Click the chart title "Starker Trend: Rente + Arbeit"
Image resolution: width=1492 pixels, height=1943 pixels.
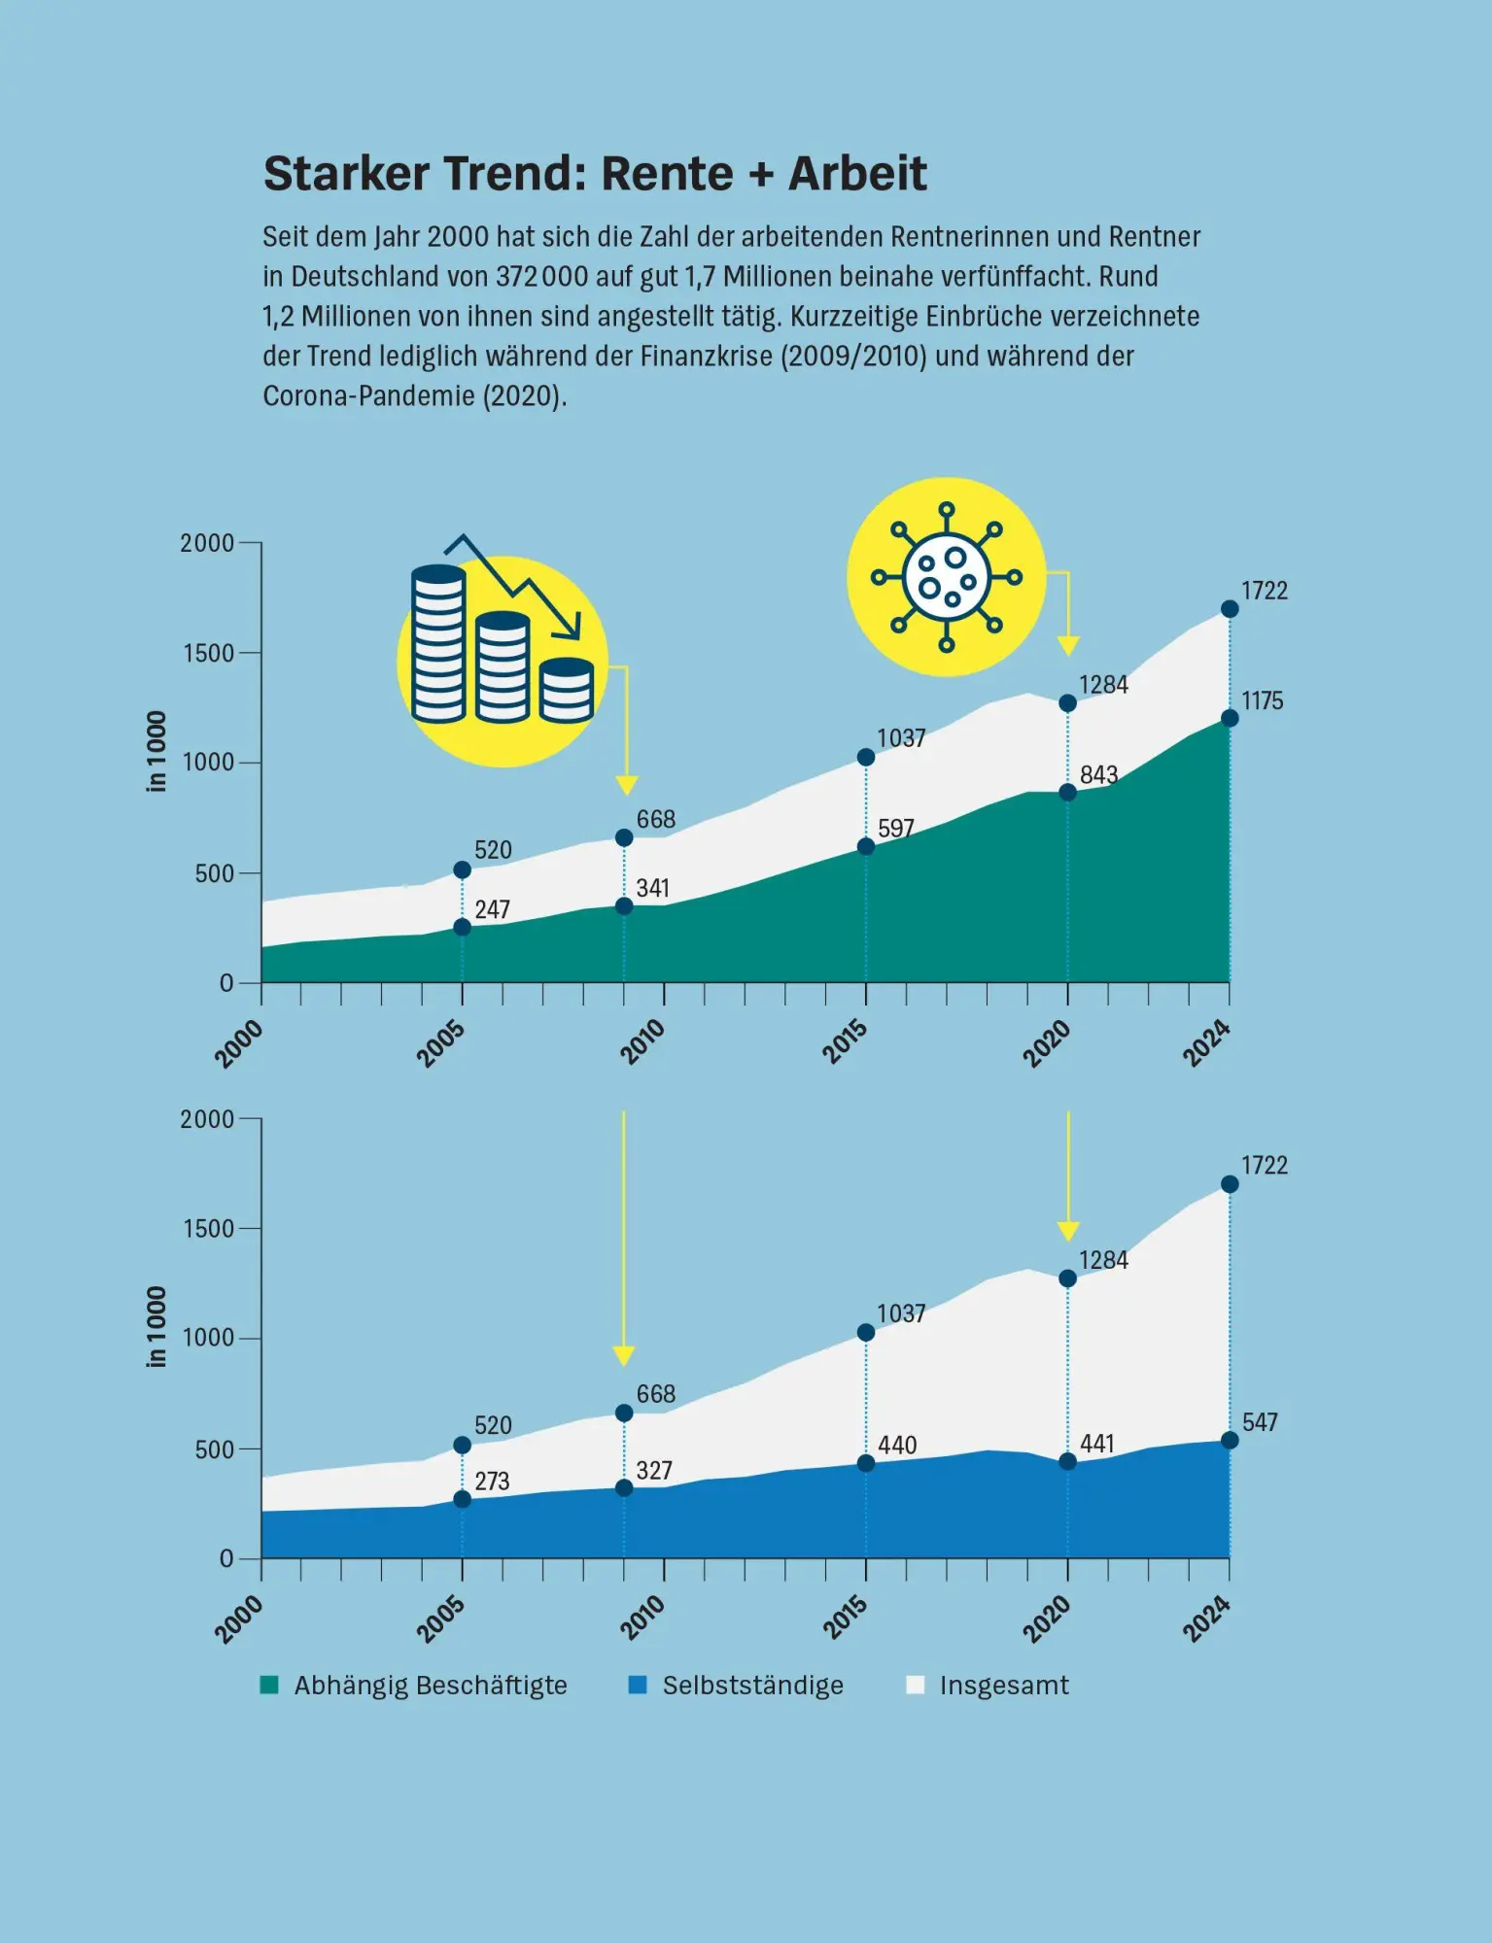[595, 174]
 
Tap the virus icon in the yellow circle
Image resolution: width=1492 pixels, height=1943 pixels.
[947, 577]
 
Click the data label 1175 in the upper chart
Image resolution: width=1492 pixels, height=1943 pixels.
[1262, 700]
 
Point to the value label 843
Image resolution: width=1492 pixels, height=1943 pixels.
[1099, 774]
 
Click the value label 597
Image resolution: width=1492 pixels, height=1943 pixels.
[896, 828]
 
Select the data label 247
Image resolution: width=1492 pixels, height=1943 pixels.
[492, 909]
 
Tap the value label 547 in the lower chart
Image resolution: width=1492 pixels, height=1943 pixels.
[1260, 1422]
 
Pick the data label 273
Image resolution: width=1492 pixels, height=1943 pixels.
[492, 1481]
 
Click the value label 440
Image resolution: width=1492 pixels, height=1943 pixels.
[897, 1445]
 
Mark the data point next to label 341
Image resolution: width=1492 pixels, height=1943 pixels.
[624, 906]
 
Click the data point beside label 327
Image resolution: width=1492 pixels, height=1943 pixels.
[624, 1488]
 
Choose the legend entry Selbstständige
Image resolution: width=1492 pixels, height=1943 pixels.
[737, 1685]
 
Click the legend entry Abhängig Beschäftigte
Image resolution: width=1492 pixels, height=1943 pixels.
[414, 1685]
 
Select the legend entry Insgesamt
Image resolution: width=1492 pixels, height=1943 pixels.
[988, 1685]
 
